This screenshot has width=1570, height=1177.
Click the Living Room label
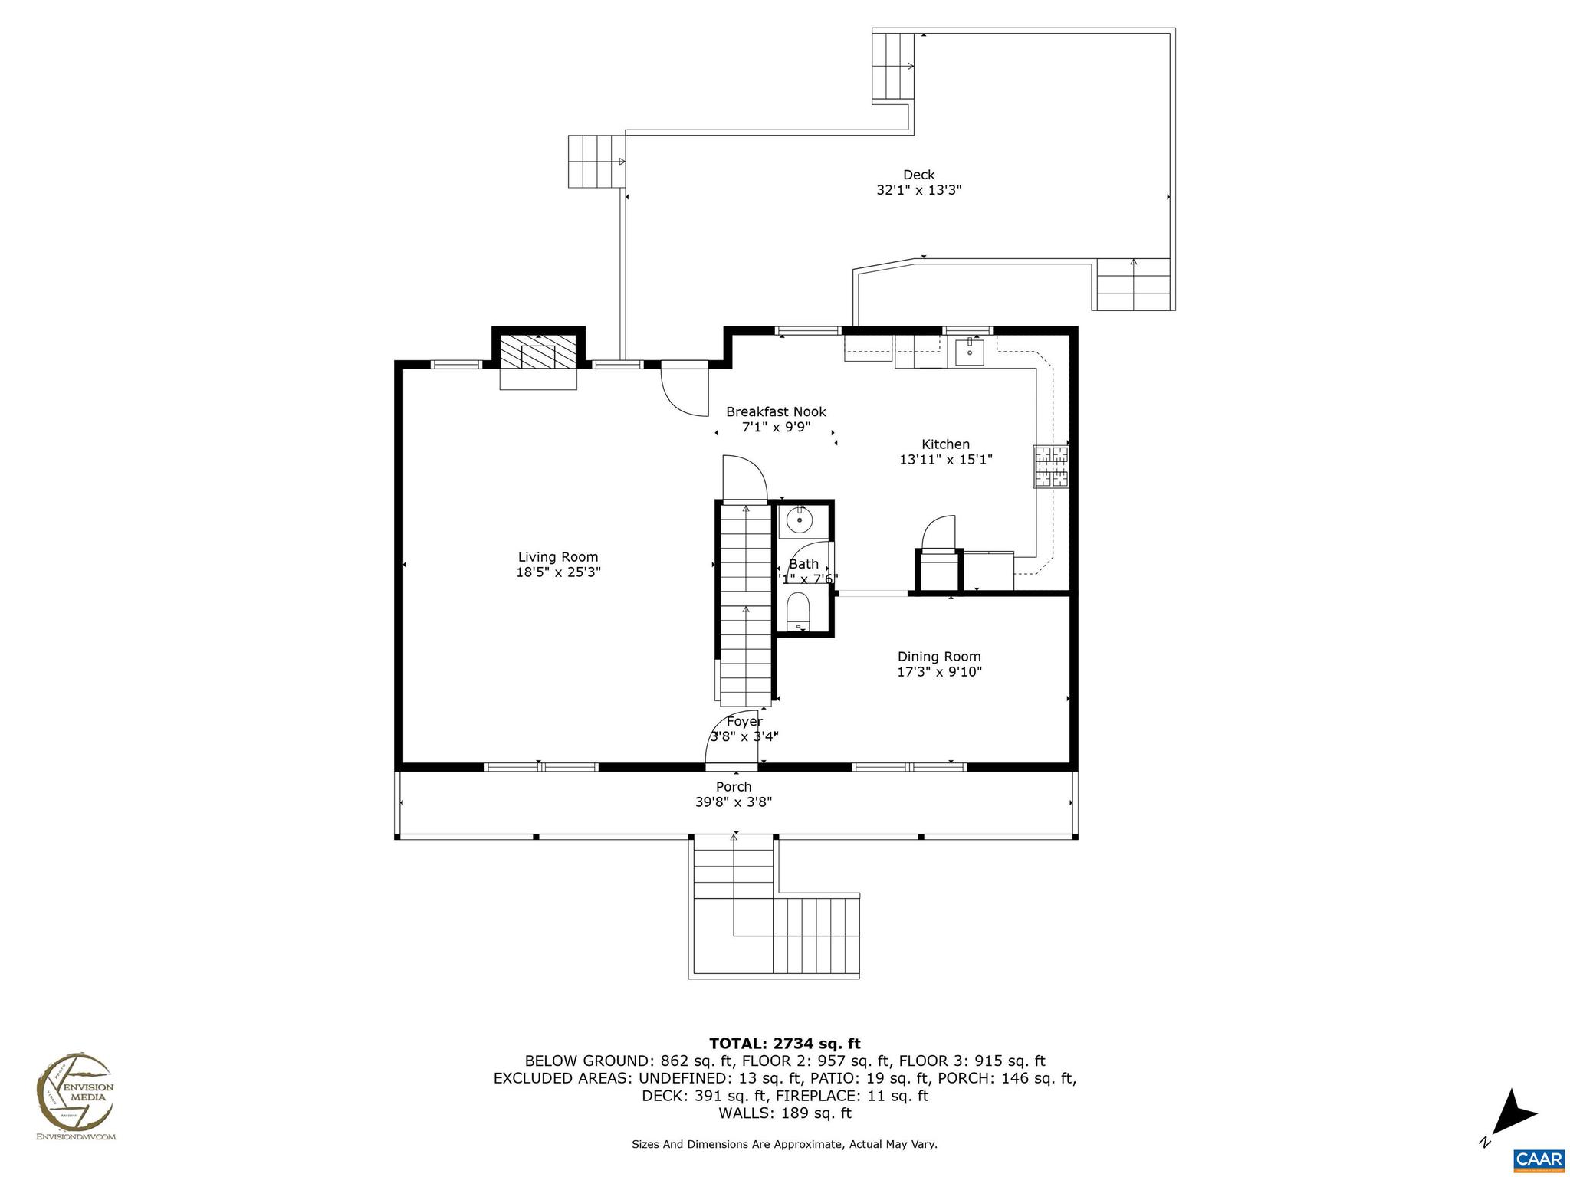pos(557,557)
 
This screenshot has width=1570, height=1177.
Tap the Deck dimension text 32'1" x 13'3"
pos(918,191)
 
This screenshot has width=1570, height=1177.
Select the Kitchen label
pos(945,444)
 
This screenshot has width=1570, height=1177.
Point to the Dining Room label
pos(939,657)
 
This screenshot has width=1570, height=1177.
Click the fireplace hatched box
pos(538,352)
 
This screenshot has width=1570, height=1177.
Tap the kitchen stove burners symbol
pos(1050,466)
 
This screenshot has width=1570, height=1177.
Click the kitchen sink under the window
pos(969,352)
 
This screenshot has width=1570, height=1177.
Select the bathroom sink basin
pos(799,521)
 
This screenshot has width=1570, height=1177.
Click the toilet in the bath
pos(798,611)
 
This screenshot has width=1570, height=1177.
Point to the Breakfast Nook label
pos(776,412)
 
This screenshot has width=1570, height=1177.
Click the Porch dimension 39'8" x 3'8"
pos(733,802)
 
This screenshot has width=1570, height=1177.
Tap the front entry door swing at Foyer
pos(731,739)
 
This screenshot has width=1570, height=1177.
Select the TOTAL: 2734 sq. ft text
pos(784,1044)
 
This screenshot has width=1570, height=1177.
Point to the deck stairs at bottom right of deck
pos(1134,284)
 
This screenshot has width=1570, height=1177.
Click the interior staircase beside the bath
pos(745,605)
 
